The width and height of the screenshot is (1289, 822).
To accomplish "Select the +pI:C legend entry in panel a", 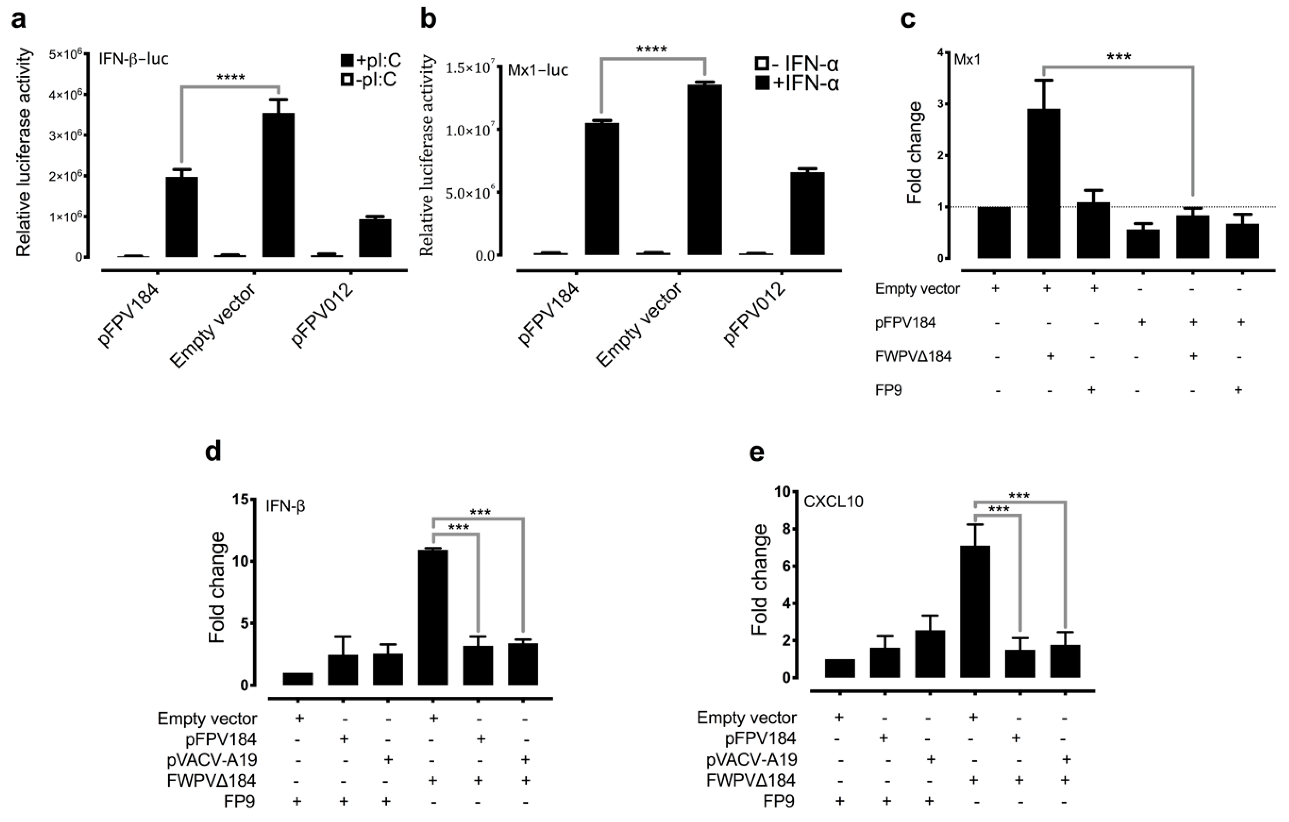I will point(369,61).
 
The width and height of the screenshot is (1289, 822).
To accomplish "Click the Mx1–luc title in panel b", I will point(537,70).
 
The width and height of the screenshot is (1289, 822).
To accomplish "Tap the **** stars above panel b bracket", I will point(652,50).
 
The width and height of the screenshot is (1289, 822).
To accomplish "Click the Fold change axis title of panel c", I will point(915,153).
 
